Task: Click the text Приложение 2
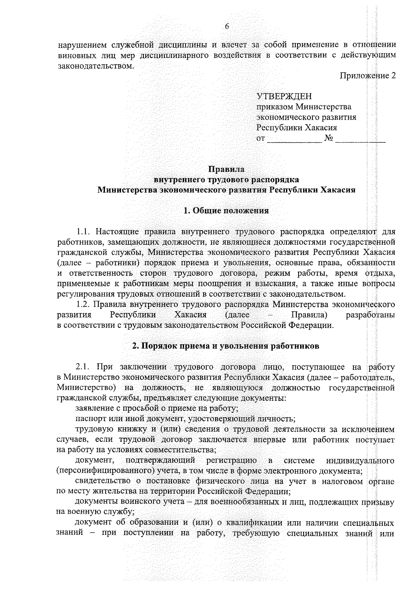(367, 76)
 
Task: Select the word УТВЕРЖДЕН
(284, 96)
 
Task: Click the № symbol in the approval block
(328, 139)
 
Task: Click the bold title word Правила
(226, 169)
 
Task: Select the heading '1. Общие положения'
(226, 211)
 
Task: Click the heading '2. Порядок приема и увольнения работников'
(226, 346)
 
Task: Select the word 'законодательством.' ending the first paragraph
(95, 66)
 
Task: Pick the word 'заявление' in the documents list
(92, 409)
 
